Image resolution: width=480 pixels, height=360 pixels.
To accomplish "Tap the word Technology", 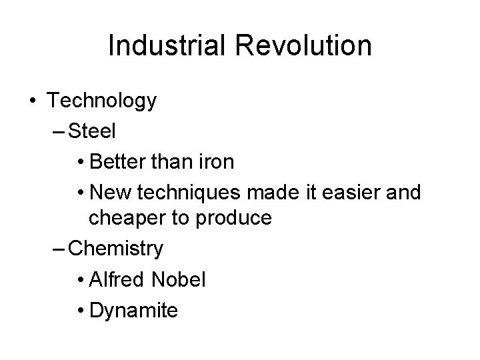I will [102, 101].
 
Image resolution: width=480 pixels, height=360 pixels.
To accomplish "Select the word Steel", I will [92, 131].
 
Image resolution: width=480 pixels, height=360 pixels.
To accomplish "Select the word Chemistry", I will [116, 249].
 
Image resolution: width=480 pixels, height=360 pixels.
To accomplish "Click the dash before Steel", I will [58, 131].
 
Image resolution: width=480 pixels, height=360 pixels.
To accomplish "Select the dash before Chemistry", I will [58, 249].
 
